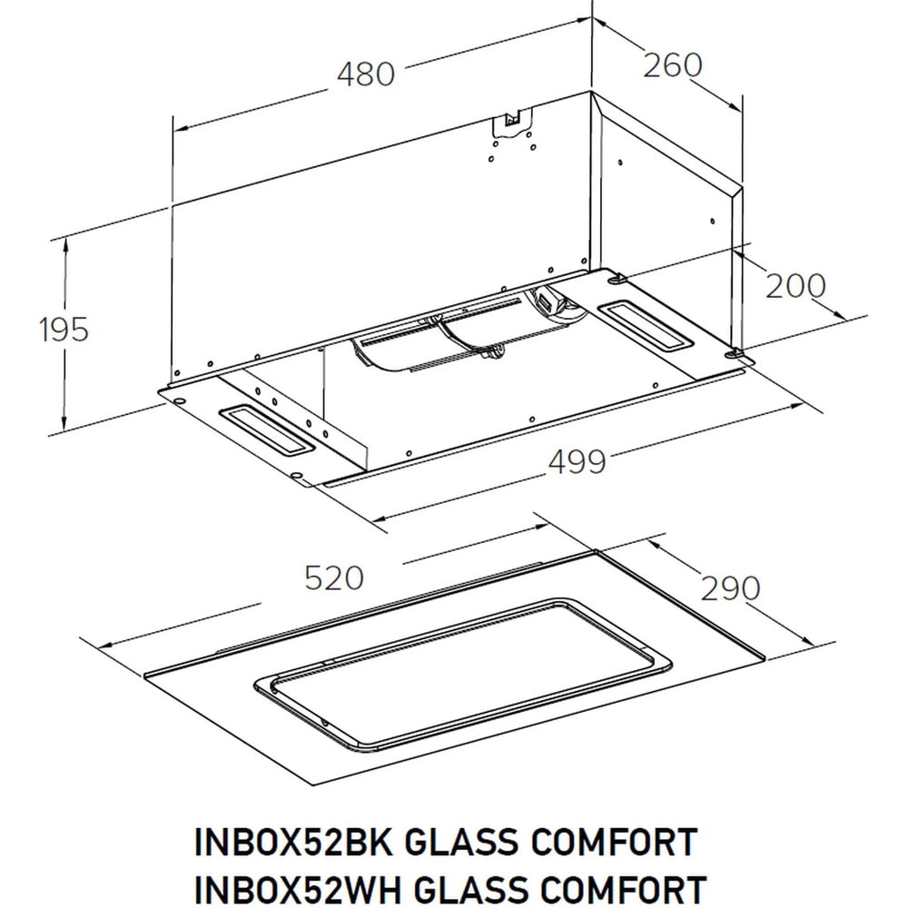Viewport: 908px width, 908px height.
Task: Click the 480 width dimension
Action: pos(366,74)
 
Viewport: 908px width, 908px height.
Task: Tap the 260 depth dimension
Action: pos(673,64)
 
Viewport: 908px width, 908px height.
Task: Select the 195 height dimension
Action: pos(64,329)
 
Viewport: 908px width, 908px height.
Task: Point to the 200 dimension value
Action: pos(795,285)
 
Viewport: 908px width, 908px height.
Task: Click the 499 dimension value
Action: pos(577,461)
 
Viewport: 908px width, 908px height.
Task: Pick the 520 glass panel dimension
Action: pos(334,577)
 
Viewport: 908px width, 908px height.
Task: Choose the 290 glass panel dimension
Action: pos(730,588)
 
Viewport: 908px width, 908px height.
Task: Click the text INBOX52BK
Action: pos(294,842)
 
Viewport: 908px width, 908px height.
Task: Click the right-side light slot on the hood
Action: pos(645,324)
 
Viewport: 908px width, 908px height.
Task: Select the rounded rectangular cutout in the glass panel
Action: pos(463,674)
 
